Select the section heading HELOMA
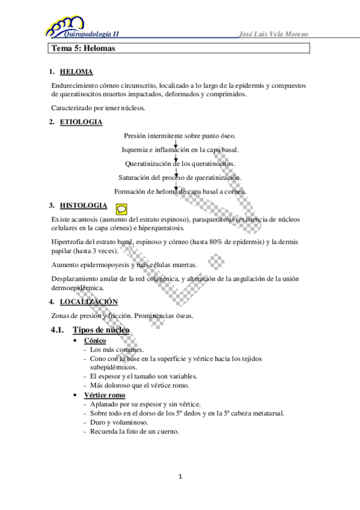point(76,72)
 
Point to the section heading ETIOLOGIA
point(81,123)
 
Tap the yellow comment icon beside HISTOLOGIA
point(121,208)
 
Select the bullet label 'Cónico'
point(95,341)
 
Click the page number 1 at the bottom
point(180,478)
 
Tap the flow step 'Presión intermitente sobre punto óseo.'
point(180,137)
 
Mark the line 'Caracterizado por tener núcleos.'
point(98,108)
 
